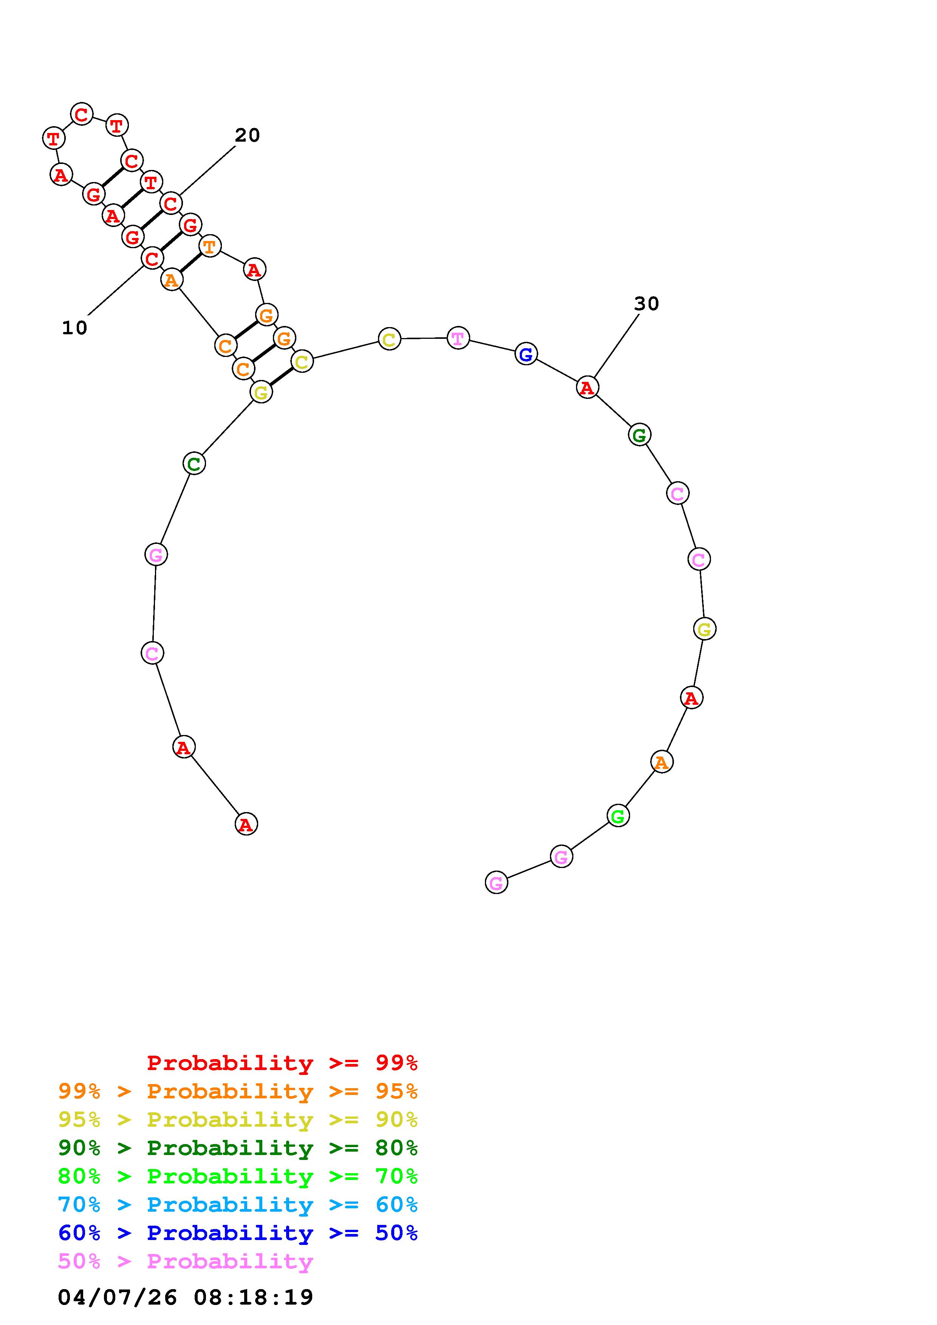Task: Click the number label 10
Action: coord(74,328)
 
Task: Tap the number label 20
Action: coord(247,135)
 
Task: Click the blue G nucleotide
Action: coord(526,354)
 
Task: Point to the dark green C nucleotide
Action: coord(194,463)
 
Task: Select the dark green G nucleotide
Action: coord(639,434)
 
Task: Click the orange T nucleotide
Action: coord(209,246)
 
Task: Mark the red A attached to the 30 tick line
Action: coord(587,387)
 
